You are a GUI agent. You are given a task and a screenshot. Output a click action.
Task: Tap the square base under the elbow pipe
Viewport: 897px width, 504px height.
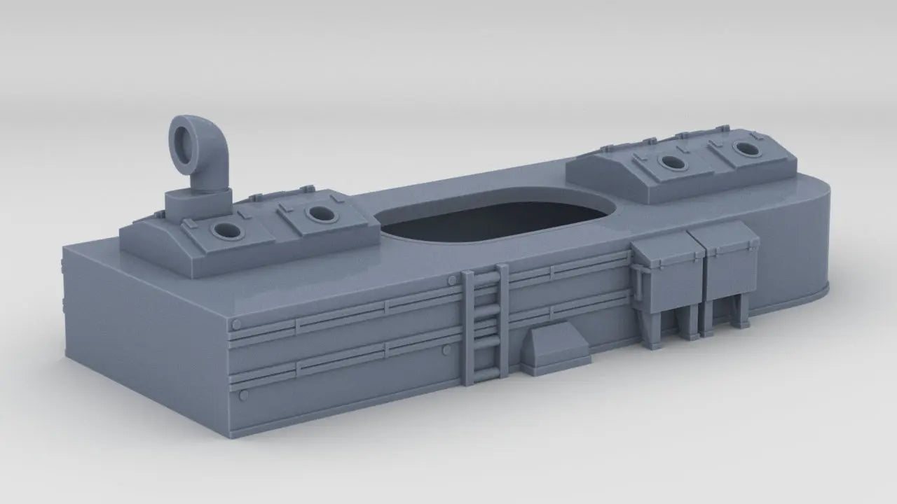click(x=197, y=203)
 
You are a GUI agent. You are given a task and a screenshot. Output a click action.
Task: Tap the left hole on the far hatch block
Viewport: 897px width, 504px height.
click(x=673, y=163)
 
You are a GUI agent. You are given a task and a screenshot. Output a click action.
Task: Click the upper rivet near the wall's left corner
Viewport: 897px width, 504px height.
click(x=237, y=325)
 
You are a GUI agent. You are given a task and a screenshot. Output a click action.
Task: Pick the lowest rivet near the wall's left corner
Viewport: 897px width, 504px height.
click(x=244, y=395)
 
